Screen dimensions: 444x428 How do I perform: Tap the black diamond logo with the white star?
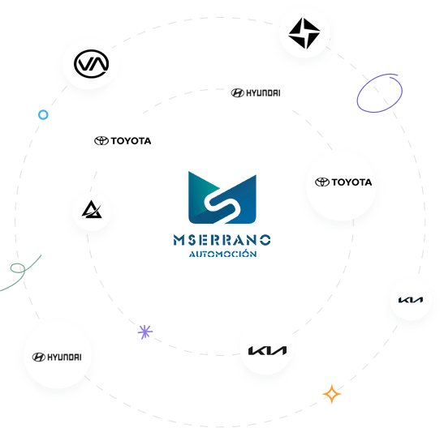tap(304, 33)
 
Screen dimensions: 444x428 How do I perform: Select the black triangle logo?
tap(92, 209)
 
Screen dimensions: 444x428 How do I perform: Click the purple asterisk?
tap(145, 332)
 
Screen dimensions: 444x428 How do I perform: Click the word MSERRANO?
tap(222, 240)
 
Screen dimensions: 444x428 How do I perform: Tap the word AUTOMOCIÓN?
tap(223, 254)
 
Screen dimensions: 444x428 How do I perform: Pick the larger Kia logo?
tap(267, 350)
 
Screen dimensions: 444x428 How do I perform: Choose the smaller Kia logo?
tap(411, 300)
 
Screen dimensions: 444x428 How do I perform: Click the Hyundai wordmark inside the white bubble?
tap(64, 357)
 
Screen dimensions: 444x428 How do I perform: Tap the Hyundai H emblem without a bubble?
tap(238, 92)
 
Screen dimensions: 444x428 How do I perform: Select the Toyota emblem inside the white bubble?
tap(322, 182)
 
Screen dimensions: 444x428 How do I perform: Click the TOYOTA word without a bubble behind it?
tap(131, 141)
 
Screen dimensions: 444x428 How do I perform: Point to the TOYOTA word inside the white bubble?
tap(351, 182)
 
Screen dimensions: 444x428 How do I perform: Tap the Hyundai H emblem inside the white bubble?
tap(39, 357)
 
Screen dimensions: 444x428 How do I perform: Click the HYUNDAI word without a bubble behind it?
tap(263, 92)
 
